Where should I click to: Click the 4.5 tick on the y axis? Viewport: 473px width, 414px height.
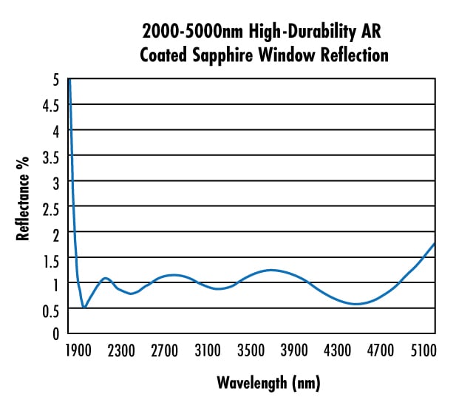(x=50, y=104)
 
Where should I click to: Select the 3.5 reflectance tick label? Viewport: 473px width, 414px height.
(x=50, y=155)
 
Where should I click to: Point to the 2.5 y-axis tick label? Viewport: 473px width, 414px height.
(x=50, y=206)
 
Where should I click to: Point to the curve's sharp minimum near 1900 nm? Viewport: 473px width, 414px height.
(x=84, y=307)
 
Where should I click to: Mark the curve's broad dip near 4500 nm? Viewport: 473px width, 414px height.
(x=356, y=304)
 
